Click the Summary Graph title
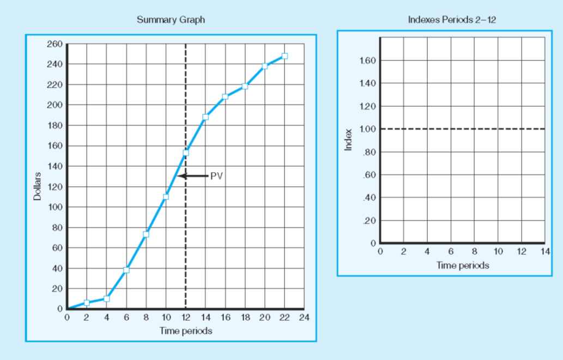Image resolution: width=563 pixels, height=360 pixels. pos(171,20)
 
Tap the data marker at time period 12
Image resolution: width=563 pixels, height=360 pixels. pos(186,153)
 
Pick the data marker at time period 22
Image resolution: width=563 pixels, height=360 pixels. pos(284,56)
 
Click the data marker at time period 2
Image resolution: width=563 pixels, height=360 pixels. pos(87,303)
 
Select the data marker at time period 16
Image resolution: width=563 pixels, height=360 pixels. pos(225,97)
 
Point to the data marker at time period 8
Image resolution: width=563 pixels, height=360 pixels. pos(146,234)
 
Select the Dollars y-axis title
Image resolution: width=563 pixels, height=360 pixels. pos(38,186)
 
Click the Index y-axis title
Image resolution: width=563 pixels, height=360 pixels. pos(349,139)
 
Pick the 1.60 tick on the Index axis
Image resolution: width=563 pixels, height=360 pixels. pos(368,60)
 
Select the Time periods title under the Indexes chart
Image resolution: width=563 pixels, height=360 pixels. pos(462,266)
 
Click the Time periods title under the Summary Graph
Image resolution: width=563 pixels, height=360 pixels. pos(186,331)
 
